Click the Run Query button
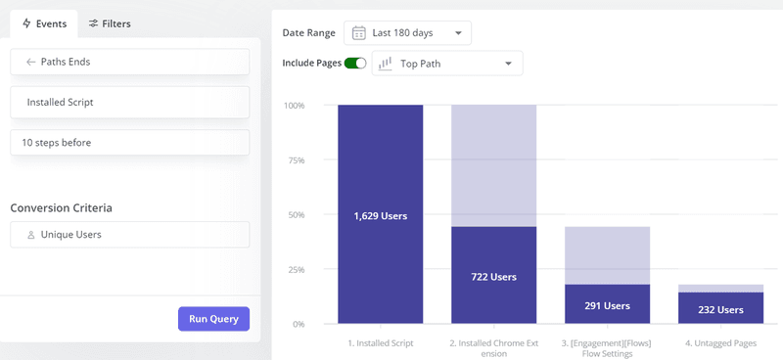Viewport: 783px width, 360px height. pyautogui.click(x=213, y=319)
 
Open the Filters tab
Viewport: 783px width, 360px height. pyautogui.click(x=109, y=23)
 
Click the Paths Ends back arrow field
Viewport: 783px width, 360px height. pyautogui.click(x=129, y=62)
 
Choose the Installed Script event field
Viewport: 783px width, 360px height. pyautogui.click(x=129, y=102)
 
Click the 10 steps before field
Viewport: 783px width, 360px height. pyautogui.click(x=129, y=143)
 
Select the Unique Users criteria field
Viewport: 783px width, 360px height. pyautogui.click(x=129, y=235)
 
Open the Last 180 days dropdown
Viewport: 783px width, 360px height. pyautogui.click(x=406, y=33)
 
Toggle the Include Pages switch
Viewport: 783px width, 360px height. pyautogui.click(x=354, y=64)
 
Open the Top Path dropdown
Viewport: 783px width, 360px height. pyautogui.click(x=446, y=64)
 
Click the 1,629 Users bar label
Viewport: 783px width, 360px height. pyautogui.click(x=380, y=215)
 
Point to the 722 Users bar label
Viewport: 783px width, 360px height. pyautogui.click(x=493, y=277)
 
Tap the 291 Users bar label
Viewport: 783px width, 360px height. pyautogui.click(x=607, y=305)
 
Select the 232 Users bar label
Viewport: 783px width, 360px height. pyautogui.click(x=720, y=308)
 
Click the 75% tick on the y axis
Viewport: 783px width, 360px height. pyautogui.click(x=295, y=159)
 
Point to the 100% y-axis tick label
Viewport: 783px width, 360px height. pyautogui.click(x=294, y=105)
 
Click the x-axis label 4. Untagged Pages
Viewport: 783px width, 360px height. pyautogui.click(x=720, y=343)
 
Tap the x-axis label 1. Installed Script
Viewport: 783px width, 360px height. pyautogui.click(x=380, y=343)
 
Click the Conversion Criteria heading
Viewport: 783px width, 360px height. pyautogui.click(x=61, y=207)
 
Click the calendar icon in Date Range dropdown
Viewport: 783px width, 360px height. pyautogui.click(x=359, y=33)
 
